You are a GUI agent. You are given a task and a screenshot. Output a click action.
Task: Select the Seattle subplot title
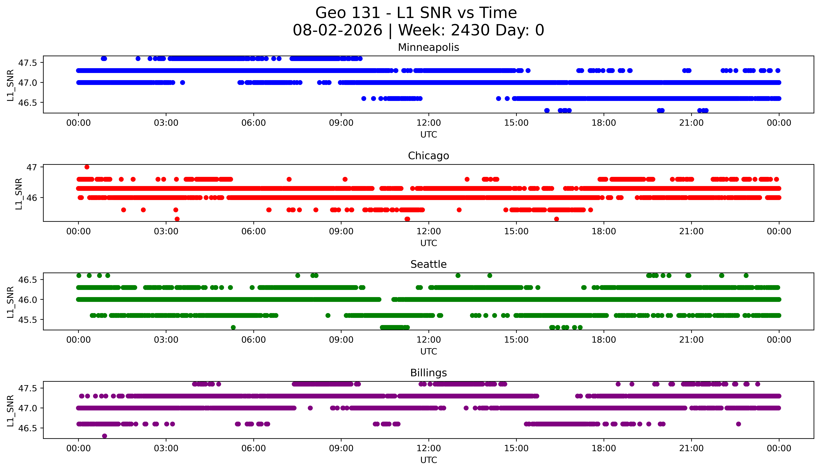pos(428,264)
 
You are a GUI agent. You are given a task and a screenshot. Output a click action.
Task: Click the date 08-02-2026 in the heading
pos(337,30)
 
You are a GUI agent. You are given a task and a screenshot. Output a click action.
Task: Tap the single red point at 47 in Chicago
pos(87,167)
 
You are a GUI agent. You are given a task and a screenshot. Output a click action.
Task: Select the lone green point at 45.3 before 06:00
pos(233,327)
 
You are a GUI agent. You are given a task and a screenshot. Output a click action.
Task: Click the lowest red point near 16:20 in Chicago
pos(557,219)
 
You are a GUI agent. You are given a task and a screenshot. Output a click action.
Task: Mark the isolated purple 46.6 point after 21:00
pos(738,424)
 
